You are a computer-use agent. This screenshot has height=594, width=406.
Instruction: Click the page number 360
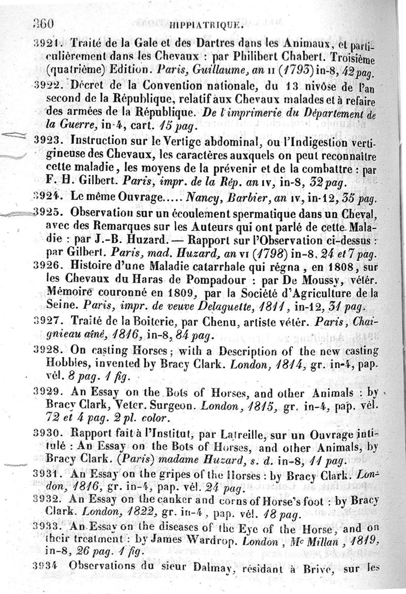click(x=43, y=23)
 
